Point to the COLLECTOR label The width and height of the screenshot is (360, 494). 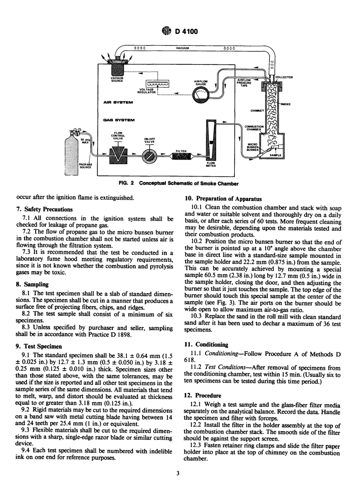click(285, 77)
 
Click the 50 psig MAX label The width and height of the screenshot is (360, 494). click(85, 141)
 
